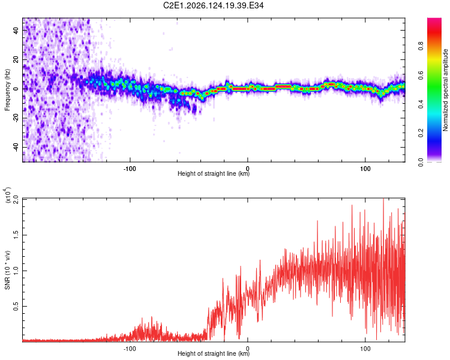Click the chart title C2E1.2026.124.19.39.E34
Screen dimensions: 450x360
click(x=213, y=5)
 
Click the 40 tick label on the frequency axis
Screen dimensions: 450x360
click(x=16, y=30)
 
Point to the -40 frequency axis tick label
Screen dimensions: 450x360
click(x=16, y=148)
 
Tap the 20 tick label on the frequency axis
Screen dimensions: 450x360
click(x=16, y=59)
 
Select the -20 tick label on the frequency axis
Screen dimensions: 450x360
click(x=16, y=118)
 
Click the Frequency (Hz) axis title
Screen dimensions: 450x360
click(x=7, y=89)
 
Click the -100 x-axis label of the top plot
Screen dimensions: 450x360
click(x=130, y=169)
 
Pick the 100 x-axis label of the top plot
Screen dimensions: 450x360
click(x=365, y=169)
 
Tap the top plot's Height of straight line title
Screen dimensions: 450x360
click(x=214, y=173)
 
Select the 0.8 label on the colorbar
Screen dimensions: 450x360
click(x=421, y=46)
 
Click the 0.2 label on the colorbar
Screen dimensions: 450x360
click(x=421, y=133)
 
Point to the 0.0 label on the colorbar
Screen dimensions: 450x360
click(x=421, y=162)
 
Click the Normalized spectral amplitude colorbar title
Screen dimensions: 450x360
click(x=445, y=90)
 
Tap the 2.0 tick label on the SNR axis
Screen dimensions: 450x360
click(x=16, y=200)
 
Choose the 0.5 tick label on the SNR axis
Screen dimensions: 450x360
click(x=16, y=307)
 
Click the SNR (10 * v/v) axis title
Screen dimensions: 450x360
click(x=7, y=270)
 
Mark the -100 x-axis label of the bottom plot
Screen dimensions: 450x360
click(x=130, y=349)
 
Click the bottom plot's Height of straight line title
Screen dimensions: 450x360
click(x=214, y=353)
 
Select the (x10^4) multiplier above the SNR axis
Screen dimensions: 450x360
click(x=8, y=195)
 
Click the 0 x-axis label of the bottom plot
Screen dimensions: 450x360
click(x=247, y=349)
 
